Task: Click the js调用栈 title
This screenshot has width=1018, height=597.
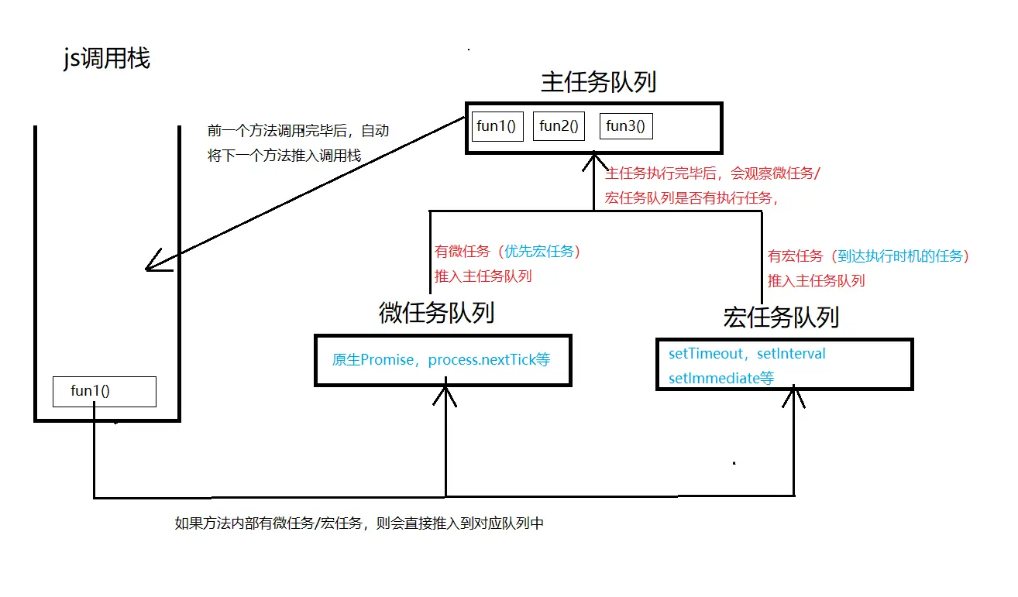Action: click(106, 59)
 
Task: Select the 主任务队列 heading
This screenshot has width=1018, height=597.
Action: click(598, 82)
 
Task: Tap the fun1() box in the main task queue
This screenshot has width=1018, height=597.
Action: click(497, 126)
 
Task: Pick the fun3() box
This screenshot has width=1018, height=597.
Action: click(625, 126)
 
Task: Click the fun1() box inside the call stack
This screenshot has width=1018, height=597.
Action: click(104, 392)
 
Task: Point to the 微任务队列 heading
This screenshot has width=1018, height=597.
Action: click(436, 313)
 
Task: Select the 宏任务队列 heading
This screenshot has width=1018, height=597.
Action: click(781, 317)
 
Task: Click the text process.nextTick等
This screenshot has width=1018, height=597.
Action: click(489, 360)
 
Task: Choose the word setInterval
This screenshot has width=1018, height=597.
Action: click(791, 354)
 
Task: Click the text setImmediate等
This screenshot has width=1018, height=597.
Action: click(721, 378)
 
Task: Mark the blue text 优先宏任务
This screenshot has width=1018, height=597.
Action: click(542, 252)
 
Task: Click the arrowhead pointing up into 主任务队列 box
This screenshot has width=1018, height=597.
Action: click(594, 162)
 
